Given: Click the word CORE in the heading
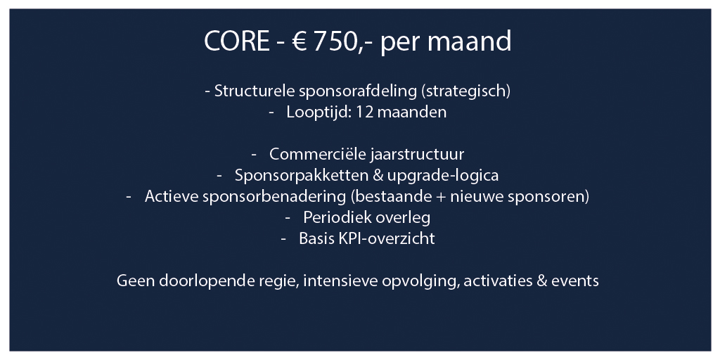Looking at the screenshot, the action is pyautogui.click(x=237, y=41).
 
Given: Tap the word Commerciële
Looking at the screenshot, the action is pyautogui.click(x=317, y=154).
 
